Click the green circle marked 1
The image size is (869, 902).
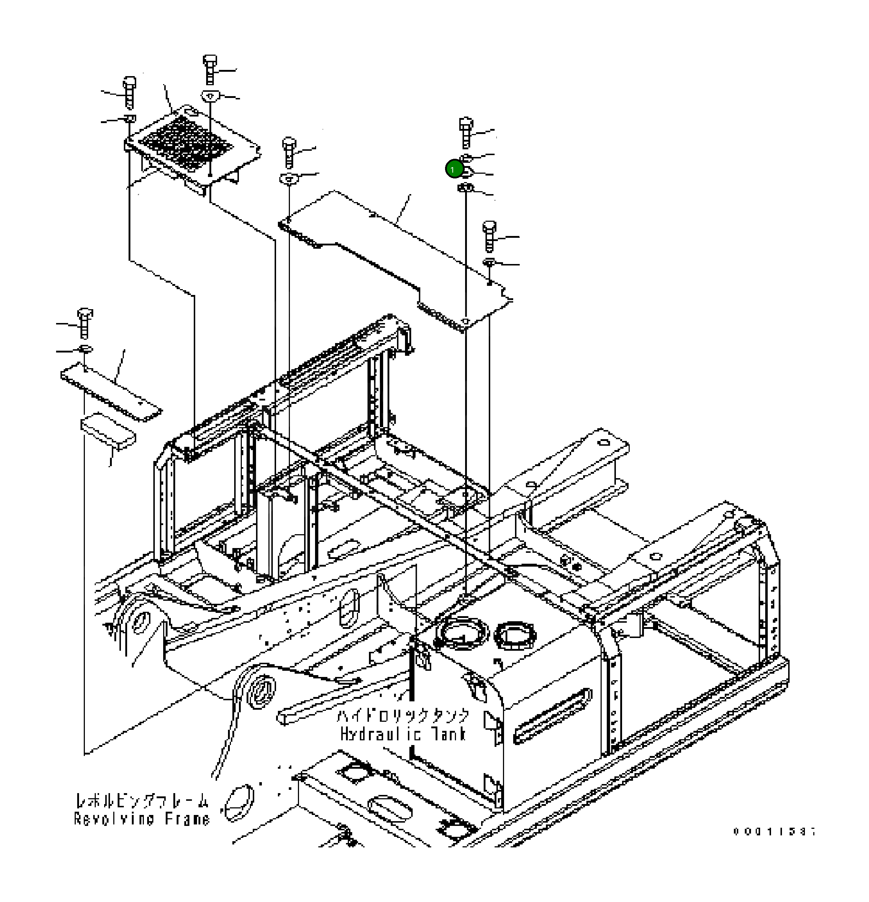453,169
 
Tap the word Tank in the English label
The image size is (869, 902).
449,733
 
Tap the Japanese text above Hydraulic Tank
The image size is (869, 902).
403,716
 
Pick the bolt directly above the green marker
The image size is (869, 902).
466,131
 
